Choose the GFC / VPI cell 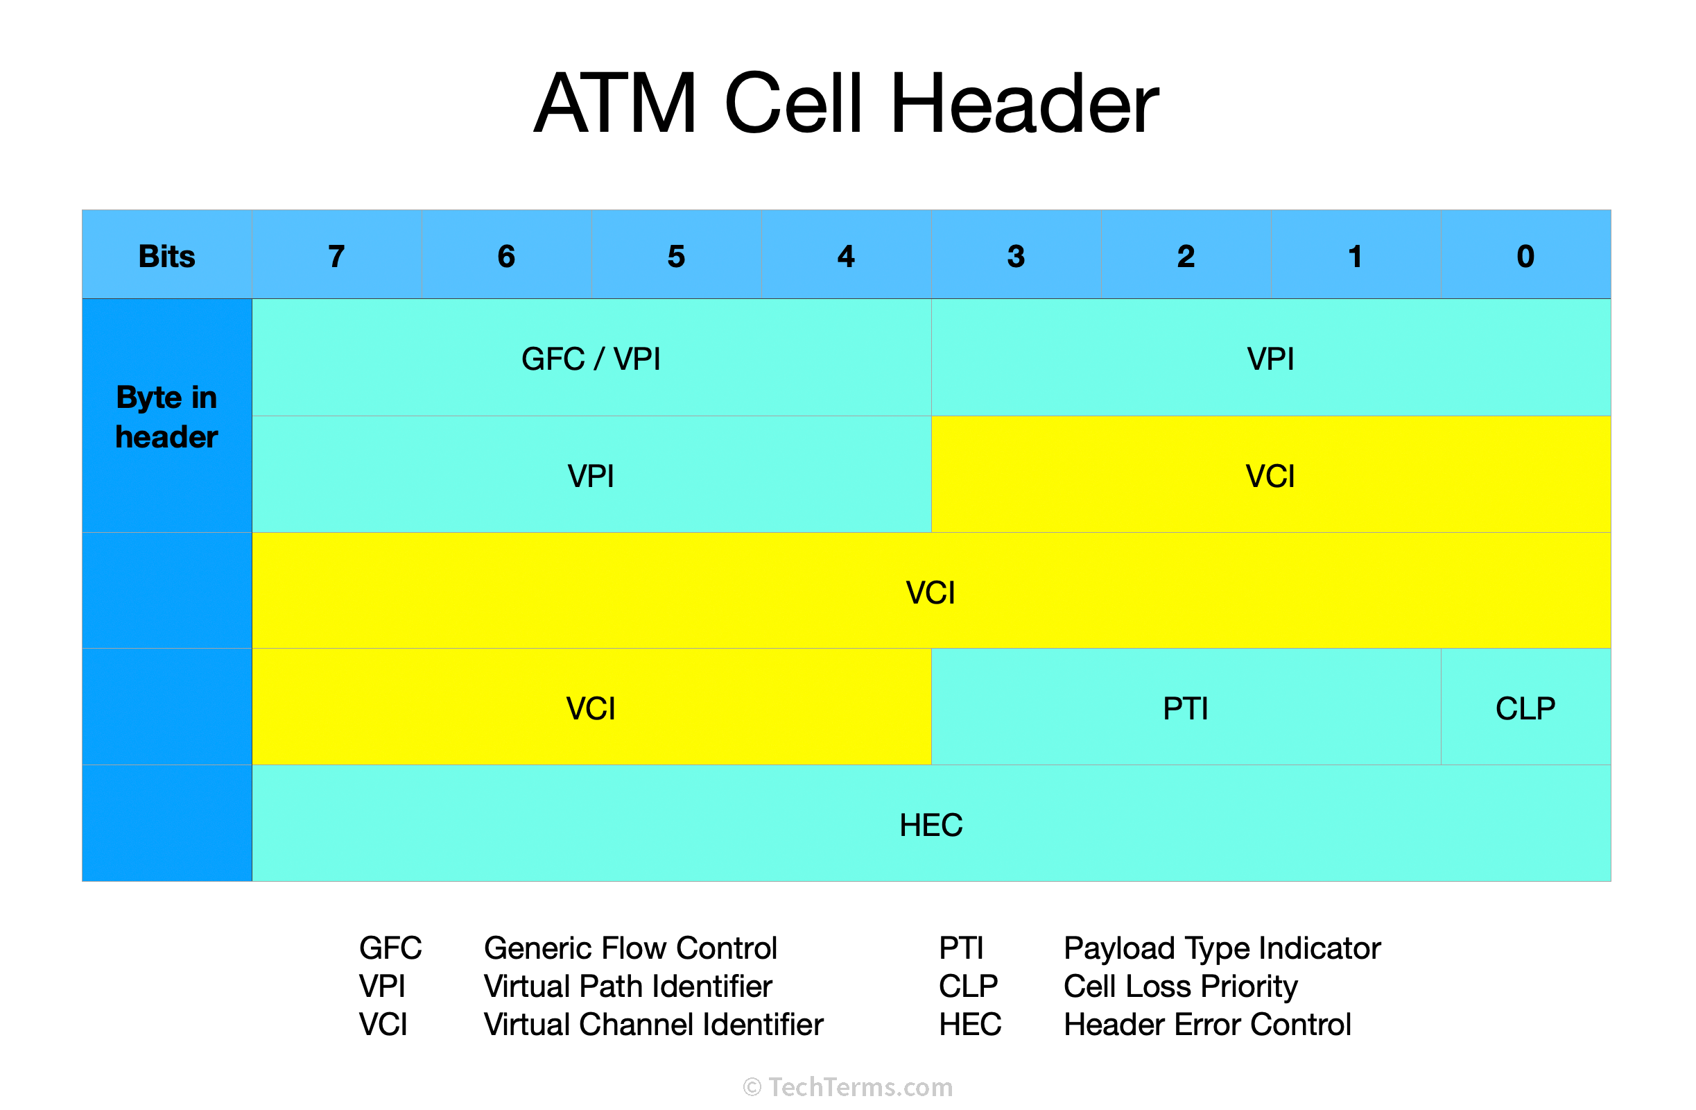click(x=591, y=359)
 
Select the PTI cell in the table click(x=1186, y=708)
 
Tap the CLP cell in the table click(x=1525, y=708)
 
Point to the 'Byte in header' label click(x=166, y=417)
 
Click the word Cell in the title click(x=793, y=104)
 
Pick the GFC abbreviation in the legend click(x=390, y=948)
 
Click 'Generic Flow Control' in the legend click(x=630, y=948)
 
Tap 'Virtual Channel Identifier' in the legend click(x=653, y=1025)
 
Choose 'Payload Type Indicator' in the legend click(x=1222, y=948)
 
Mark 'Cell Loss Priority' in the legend click(x=1180, y=987)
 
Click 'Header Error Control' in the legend click(x=1207, y=1025)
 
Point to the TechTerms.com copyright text click(x=848, y=1087)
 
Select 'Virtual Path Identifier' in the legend click(x=628, y=987)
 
